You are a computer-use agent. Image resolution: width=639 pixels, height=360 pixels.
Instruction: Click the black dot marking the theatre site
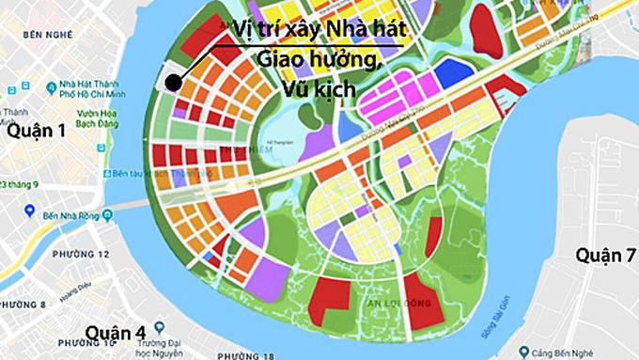point(173,82)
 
